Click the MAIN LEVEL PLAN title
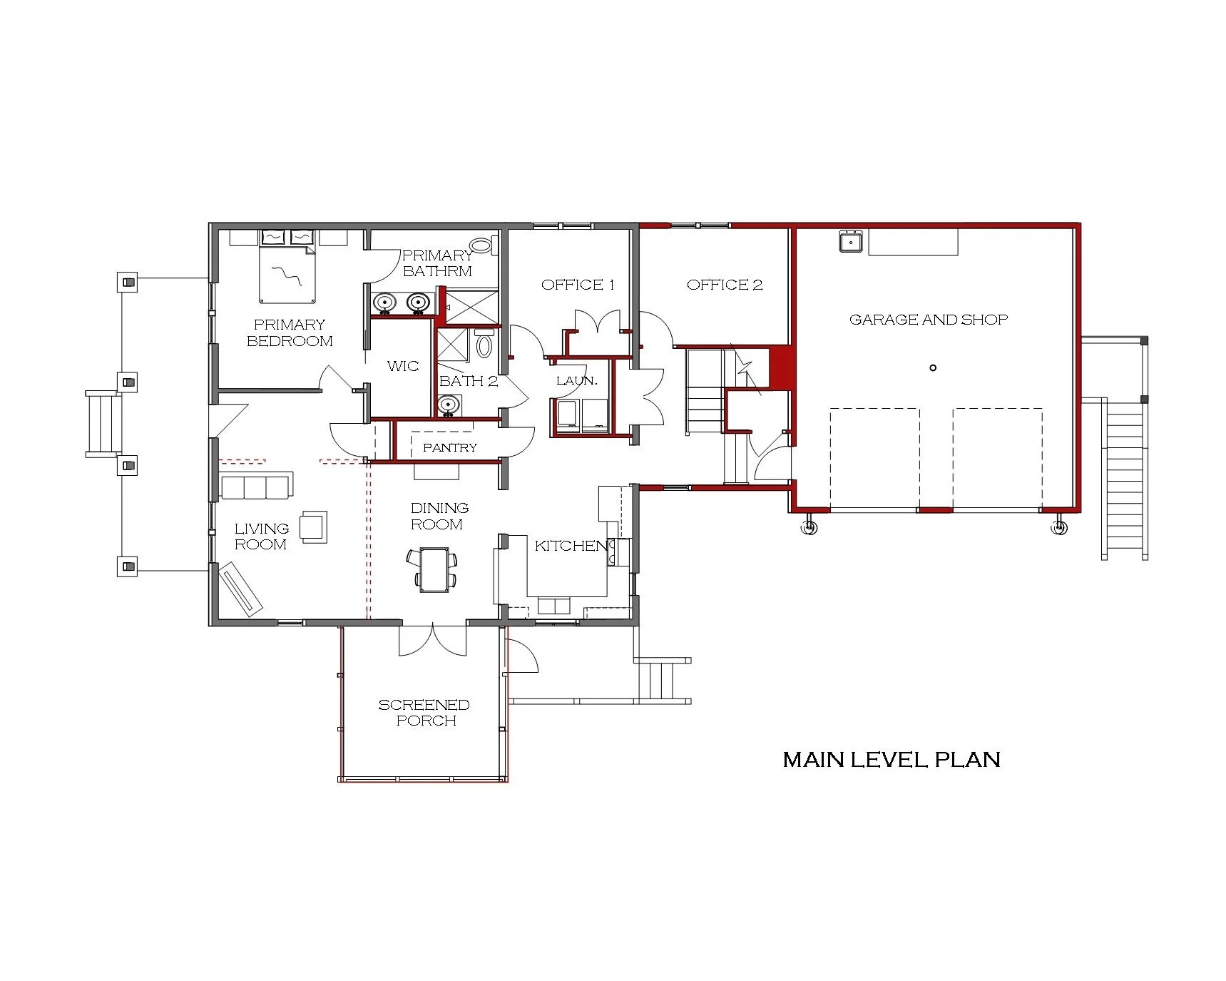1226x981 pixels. coord(891,759)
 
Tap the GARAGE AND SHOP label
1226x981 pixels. coord(928,320)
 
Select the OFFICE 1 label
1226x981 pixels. coord(577,285)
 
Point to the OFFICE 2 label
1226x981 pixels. coord(724,285)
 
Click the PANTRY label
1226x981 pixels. coord(449,447)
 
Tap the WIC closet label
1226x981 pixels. coord(402,366)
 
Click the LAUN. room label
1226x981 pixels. coord(576,381)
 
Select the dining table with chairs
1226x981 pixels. coord(434,569)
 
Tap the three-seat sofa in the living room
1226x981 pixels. coord(255,487)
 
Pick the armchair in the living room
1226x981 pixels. coord(313,527)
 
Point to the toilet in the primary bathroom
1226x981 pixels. coord(483,245)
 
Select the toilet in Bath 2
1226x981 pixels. coord(484,345)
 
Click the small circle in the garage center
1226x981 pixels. coord(932,368)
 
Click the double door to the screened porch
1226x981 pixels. coord(432,640)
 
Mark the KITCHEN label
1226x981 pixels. coord(571,546)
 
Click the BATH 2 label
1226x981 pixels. coord(468,381)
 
